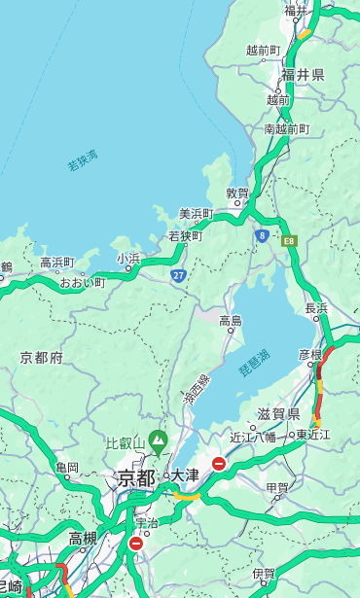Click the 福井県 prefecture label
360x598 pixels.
pyautogui.click(x=305, y=75)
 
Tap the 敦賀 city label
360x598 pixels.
pyautogui.click(x=238, y=193)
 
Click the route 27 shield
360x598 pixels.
pyautogui.click(x=179, y=275)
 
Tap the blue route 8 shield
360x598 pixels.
pyautogui.click(x=262, y=234)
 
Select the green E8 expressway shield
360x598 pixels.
pyautogui.click(x=289, y=239)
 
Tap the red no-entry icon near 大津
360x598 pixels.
pyautogui.click(x=219, y=464)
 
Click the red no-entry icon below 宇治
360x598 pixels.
pyautogui.click(x=135, y=544)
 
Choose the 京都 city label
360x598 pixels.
pyautogui.click(x=136, y=477)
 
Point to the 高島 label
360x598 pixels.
pyautogui.click(x=231, y=321)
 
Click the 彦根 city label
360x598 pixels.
pyautogui.click(x=309, y=355)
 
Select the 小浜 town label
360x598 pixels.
pyautogui.click(x=128, y=258)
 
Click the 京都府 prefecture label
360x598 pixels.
pyautogui.click(x=41, y=358)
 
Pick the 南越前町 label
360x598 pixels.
pyautogui.click(x=286, y=128)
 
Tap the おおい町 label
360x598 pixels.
pyautogui.click(x=82, y=282)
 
